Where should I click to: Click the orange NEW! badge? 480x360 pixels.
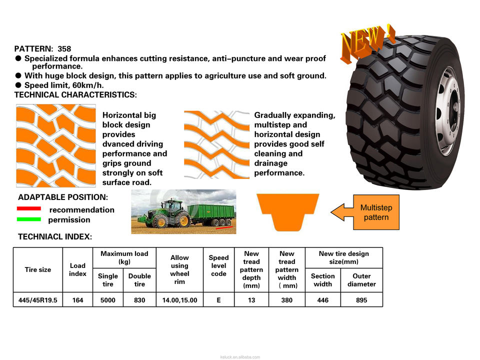point(367,43)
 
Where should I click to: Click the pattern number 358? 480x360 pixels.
point(64,49)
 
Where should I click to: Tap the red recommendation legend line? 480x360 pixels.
point(28,208)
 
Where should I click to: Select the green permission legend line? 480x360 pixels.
point(28,219)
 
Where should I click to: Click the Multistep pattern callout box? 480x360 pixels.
point(376,212)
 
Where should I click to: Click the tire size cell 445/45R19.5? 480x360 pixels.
point(38,300)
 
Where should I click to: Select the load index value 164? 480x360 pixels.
point(77,300)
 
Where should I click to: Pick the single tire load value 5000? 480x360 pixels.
point(108,300)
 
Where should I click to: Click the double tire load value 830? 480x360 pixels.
point(139,300)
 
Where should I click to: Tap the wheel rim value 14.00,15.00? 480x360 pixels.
point(179,300)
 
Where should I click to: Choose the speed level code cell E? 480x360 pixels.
point(218,300)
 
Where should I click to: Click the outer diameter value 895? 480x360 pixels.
point(361,300)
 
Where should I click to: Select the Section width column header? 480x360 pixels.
point(322,280)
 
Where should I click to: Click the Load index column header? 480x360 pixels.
point(77,269)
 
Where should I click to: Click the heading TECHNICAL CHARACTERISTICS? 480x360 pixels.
point(75,94)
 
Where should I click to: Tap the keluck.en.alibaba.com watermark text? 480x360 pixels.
point(240,357)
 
